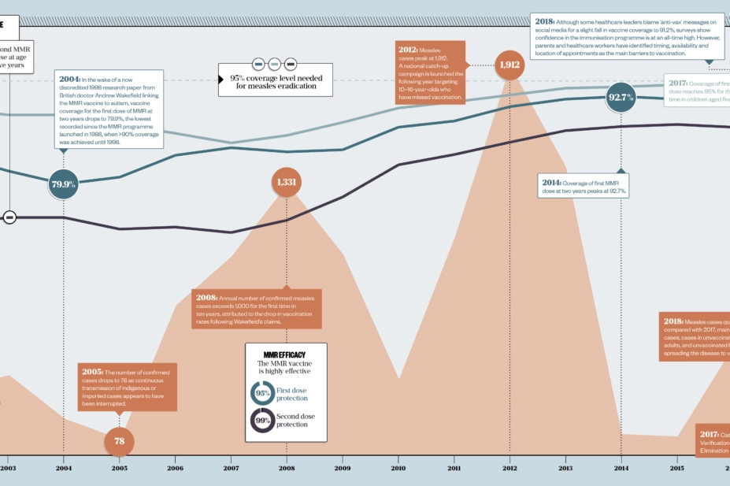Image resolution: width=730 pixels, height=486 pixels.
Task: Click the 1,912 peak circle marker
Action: click(509, 65)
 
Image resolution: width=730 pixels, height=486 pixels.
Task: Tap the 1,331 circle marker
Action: click(287, 182)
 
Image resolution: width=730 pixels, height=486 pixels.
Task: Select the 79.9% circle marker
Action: click(63, 184)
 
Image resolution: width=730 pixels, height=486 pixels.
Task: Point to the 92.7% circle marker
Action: click(621, 98)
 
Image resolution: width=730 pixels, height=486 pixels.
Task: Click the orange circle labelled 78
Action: click(119, 440)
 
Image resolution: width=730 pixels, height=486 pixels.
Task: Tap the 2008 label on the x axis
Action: click(287, 468)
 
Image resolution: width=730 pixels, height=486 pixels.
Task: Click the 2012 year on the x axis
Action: click(510, 468)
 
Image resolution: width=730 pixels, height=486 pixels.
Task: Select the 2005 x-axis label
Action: click(119, 468)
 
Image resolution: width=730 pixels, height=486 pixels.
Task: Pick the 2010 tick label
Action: click(398, 468)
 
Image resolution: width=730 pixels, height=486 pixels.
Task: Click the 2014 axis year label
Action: click(621, 468)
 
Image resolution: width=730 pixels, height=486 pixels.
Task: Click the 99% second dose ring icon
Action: click(262, 420)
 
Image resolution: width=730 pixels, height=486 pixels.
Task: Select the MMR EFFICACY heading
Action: click(285, 355)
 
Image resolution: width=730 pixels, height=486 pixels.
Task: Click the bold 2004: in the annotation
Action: click(69, 79)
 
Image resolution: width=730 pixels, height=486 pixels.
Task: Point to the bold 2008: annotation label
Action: click(206, 298)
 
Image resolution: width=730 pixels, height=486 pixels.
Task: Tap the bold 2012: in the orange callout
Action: click(408, 50)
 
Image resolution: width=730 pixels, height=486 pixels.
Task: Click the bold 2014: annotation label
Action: click(551, 184)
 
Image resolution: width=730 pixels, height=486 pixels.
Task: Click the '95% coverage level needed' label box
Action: click(275, 82)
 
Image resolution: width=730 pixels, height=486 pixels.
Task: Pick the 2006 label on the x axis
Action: click(175, 468)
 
